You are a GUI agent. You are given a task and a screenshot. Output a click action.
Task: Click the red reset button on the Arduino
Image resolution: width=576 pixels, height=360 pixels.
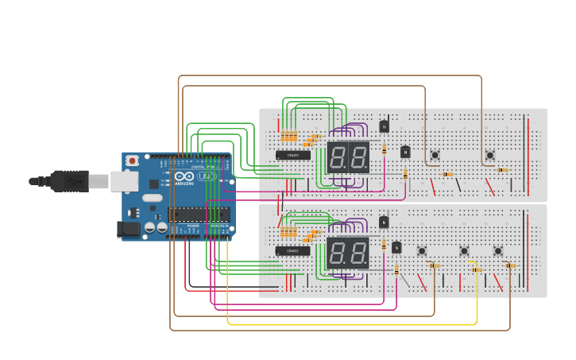tap(132, 161)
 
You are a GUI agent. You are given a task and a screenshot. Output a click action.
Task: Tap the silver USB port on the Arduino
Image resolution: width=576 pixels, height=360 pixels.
tap(123, 181)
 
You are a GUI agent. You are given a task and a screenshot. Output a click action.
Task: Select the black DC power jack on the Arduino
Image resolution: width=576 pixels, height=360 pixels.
tap(127, 230)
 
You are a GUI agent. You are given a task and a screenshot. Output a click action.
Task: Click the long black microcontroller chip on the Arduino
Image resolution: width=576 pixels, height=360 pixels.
tap(199, 214)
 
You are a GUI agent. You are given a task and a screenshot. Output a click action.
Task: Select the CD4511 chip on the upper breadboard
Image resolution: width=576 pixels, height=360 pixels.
tap(293, 155)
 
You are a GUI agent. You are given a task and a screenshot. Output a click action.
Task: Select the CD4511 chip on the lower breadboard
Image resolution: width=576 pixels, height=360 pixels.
tap(293, 251)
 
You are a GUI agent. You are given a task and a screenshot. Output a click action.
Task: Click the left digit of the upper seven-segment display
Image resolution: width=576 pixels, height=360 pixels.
tap(337, 157)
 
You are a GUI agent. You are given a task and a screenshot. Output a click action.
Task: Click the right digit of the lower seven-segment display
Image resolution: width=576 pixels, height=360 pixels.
tap(358, 254)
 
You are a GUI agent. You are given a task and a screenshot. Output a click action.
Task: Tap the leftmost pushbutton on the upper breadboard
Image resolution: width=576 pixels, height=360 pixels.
tap(435, 155)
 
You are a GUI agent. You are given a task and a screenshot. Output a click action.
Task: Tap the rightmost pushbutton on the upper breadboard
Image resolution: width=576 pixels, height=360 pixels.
tap(489, 155)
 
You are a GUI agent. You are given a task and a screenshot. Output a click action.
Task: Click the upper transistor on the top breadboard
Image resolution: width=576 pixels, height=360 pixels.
tap(384, 126)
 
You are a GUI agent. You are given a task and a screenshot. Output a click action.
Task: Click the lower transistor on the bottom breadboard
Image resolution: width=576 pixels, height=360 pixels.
tap(396, 248)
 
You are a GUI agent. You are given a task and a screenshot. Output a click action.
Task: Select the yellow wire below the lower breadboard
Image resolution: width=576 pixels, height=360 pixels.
tap(350, 324)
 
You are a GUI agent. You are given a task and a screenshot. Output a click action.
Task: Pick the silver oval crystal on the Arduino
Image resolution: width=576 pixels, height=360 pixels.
tap(153, 197)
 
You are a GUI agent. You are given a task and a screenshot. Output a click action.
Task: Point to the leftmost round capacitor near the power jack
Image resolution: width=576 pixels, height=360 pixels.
tap(149, 228)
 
